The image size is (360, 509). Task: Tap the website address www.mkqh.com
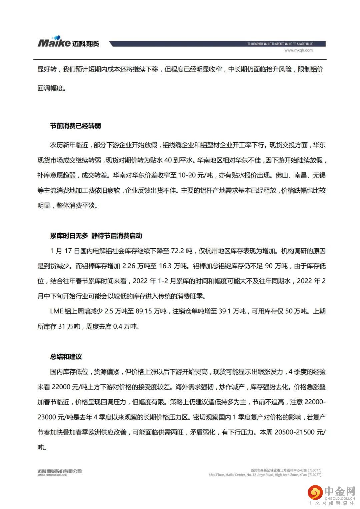tap(298, 50)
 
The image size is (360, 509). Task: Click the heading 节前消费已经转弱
tap(75, 126)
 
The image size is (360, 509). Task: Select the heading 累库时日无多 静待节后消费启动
tap(96, 236)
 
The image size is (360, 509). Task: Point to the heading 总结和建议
tap(66, 357)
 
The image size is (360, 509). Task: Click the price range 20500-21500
tap(295, 432)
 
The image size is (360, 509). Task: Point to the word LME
tap(56, 311)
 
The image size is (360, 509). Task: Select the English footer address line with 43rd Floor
tap(265, 475)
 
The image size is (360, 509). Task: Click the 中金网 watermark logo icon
tap(315, 492)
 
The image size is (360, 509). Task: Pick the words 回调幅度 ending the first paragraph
tap(50, 88)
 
